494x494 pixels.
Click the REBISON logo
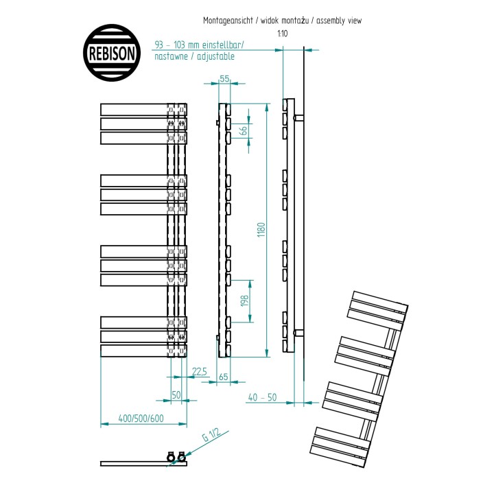112,53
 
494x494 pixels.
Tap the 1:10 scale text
283,34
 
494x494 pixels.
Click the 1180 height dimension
261,230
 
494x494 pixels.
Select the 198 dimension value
245,301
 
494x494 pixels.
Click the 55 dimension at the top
224,78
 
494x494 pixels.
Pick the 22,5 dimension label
200,372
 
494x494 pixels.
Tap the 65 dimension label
223,377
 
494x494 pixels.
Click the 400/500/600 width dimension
141,419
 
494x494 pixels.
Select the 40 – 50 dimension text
262,397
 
